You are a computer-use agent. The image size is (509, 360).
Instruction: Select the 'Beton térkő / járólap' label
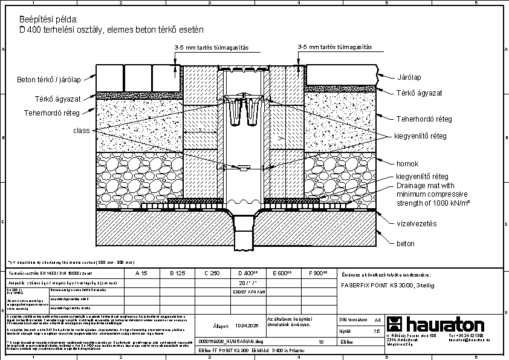click(48, 79)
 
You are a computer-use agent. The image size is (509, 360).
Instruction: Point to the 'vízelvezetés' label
click(416, 224)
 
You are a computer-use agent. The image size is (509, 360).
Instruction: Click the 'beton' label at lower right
click(406, 244)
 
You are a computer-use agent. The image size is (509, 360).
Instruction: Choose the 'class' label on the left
click(82, 131)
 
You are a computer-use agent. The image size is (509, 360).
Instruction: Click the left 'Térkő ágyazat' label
click(57, 99)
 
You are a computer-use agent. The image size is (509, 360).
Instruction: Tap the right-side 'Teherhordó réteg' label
click(424, 119)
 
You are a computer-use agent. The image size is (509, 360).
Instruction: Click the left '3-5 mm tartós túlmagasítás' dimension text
click(212, 47)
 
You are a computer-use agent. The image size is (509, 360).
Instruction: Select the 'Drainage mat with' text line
click(426, 185)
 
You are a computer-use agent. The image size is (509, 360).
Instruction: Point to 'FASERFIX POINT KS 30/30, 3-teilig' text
click(387, 284)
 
